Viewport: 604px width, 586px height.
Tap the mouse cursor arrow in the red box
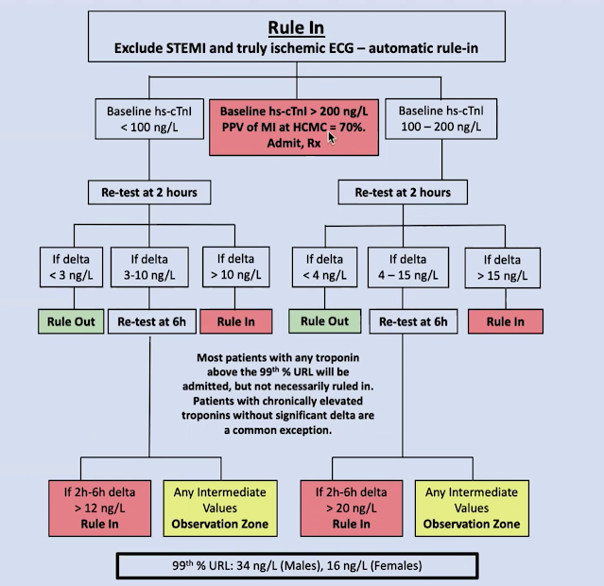point(332,138)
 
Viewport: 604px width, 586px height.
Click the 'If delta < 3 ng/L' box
point(66,267)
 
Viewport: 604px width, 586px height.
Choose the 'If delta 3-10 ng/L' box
point(150,267)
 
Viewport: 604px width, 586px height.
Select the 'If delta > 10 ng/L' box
point(234,267)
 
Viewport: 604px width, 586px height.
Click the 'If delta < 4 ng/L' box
point(317,267)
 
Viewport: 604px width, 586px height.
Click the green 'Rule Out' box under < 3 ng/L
point(66,321)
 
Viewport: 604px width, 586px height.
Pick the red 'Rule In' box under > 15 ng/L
point(504,321)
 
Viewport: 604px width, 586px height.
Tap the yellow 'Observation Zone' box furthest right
point(472,508)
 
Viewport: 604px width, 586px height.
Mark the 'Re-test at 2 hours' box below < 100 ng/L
point(150,192)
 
